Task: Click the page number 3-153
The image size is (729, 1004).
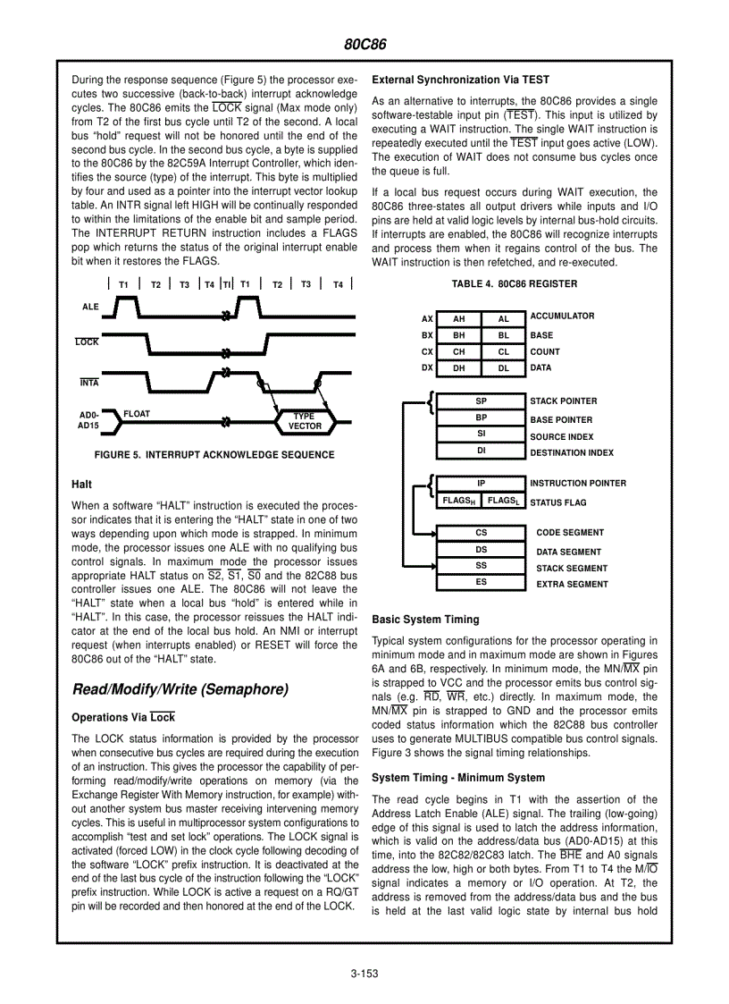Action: tap(364, 974)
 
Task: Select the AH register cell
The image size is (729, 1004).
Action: tap(459, 318)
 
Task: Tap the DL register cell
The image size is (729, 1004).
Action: tap(504, 368)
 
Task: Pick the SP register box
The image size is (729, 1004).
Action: tap(481, 401)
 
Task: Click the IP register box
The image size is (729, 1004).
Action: tap(481, 484)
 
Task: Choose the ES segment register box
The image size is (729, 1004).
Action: tap(481, 583)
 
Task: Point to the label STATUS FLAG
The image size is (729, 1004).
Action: tap(558, 503)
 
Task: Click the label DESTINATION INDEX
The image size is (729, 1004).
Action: tap(572, 453)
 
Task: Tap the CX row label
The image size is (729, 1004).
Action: tap(427, 352)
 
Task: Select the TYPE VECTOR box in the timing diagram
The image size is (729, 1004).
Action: tap(305, 421)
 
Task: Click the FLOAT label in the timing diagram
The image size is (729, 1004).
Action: tap(137, 414)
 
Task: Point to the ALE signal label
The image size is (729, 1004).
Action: tap(90, 307)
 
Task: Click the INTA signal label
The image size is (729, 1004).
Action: tap(89, 383)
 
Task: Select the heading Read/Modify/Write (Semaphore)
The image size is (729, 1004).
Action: tap(180, 689)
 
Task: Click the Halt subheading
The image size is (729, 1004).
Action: tap(81, 484)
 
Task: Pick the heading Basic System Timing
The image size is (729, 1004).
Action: tap(425, 620)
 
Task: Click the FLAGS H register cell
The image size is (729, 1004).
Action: tap(458, 502)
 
